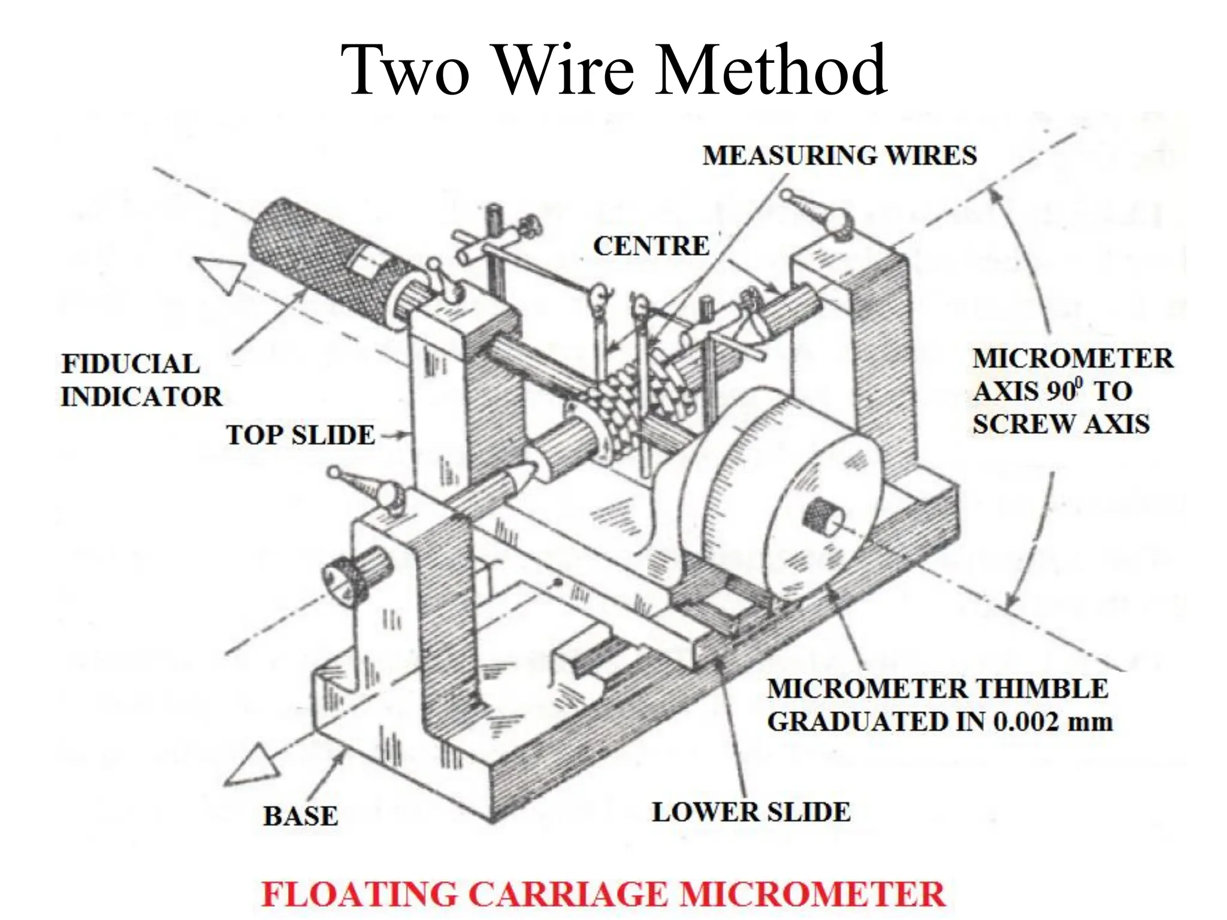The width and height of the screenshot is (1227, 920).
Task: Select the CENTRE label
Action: pos(651,246)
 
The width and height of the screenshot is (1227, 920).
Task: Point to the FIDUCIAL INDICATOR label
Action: pos(141,380)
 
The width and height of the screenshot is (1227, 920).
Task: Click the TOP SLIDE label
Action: pos(300,435)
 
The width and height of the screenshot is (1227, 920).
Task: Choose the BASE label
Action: pos(300,816)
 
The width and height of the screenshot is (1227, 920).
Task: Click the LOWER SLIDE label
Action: pos(751,812)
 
